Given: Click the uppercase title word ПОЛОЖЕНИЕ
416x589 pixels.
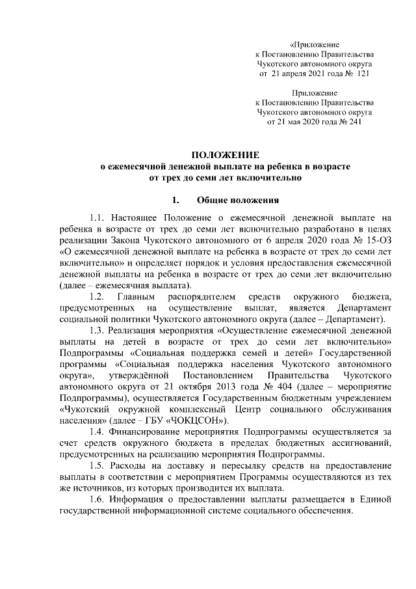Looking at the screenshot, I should tap(224, 155).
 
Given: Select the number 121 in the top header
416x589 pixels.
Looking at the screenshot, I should tap(363, 75).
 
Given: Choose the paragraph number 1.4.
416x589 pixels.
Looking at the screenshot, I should tap(97, 431).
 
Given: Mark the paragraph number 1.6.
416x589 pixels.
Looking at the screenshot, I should tap(97, 499).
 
